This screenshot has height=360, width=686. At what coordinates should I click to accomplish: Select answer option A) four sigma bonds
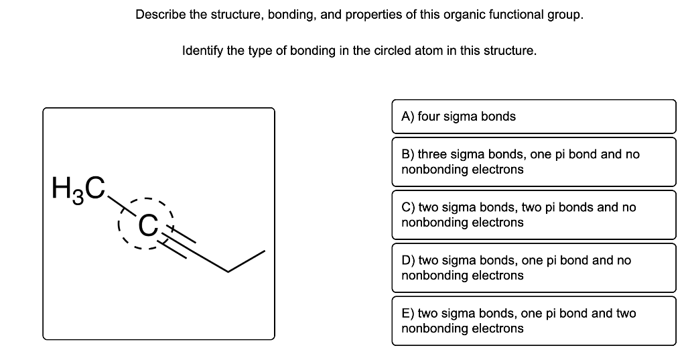click(533, 117)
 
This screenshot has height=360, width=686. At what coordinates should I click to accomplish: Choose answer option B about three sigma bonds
click(533, 162)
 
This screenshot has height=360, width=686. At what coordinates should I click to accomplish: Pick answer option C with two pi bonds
click(533, 215)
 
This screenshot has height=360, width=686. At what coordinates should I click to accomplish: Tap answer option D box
click(533, 267)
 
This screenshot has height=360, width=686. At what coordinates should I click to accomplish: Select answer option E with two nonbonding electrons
click(533, 320)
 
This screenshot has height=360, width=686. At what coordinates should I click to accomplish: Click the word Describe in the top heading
click(159, 14)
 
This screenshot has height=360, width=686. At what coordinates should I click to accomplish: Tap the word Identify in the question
click(202, 50)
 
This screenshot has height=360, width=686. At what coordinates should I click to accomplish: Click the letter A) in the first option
click(407, 117)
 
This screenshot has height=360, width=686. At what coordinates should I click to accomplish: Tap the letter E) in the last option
click(407, 313)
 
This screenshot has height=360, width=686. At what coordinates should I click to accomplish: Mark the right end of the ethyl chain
click(264, 252)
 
